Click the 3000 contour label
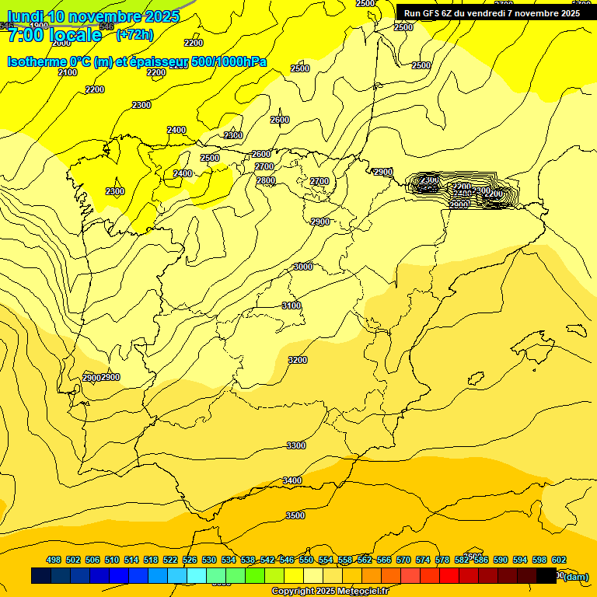[303, 267]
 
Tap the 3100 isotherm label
[292, 305]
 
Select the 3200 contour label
[298, 360]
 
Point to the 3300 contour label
[296, 445]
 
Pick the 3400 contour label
[292, 480]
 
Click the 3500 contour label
[295, 515]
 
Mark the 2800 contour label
[266, 180]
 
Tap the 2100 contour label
[68, 72]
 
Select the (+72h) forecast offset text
[134, 34]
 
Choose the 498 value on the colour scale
[54, 560]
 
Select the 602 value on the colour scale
[559, 560]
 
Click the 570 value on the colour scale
[403, 560]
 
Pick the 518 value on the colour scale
[151, 560]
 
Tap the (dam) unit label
[576, 576]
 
